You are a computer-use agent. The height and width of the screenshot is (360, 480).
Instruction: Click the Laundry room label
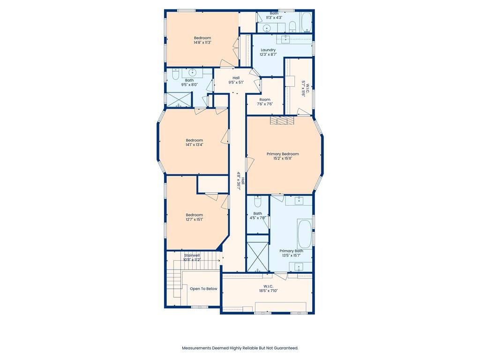[268, 50]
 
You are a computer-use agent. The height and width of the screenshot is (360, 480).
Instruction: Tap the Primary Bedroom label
[283, 154]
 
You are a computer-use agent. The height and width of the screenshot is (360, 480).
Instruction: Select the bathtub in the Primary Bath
[304, 234]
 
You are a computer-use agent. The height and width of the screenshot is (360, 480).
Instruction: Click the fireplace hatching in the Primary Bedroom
[282, 120]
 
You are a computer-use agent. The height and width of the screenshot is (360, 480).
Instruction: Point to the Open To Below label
[203, 289]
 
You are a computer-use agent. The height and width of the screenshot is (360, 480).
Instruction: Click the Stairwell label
[192, 255]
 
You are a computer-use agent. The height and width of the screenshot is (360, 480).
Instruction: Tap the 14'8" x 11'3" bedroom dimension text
[202, 43]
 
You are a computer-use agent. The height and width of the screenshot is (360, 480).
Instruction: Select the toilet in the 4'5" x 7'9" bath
[258, 201]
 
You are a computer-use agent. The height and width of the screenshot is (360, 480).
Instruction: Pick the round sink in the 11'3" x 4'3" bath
[267, 28]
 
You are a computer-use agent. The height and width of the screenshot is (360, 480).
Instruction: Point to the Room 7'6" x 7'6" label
[265, 102]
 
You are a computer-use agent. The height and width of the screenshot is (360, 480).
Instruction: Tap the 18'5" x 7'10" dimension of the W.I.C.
[268, 291]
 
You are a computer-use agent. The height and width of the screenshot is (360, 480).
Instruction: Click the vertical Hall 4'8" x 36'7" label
[240, 181]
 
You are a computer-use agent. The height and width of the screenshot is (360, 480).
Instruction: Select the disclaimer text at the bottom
[240, 348]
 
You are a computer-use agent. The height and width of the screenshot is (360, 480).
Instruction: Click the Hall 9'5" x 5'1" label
[236, 80]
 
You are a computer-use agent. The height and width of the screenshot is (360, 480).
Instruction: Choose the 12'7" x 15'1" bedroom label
[195, 217]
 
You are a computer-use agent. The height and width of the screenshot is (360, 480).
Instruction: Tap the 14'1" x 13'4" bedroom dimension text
[195, 145]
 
